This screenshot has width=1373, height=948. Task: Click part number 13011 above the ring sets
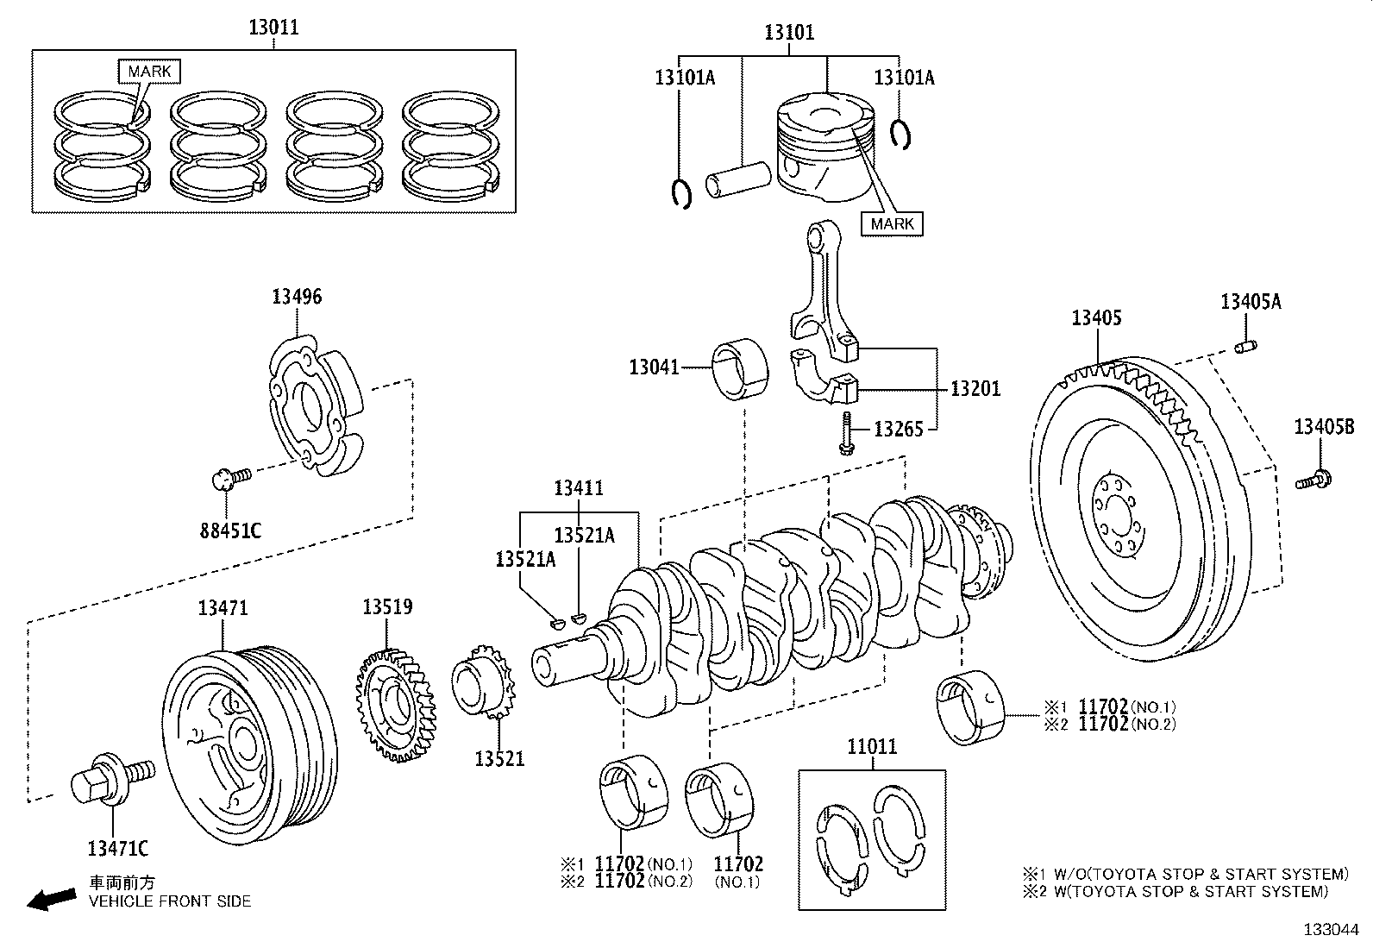(x=273, y=27)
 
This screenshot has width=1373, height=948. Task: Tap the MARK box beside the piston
(x=892, y=223)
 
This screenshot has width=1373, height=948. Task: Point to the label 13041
(x=655, y=367)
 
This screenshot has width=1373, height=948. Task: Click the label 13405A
(x=1251, y=301)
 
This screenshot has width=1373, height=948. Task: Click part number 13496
(x=297, y=297)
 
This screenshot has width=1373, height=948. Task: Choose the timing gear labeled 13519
(x=396, y=706)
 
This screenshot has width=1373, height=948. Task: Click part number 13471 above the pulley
(x=223, y=607)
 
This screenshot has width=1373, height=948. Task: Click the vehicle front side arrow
(x=51, y=901)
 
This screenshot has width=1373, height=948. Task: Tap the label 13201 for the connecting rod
(x=975, y=389)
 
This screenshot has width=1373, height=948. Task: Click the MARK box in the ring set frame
(x=149, y=71)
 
